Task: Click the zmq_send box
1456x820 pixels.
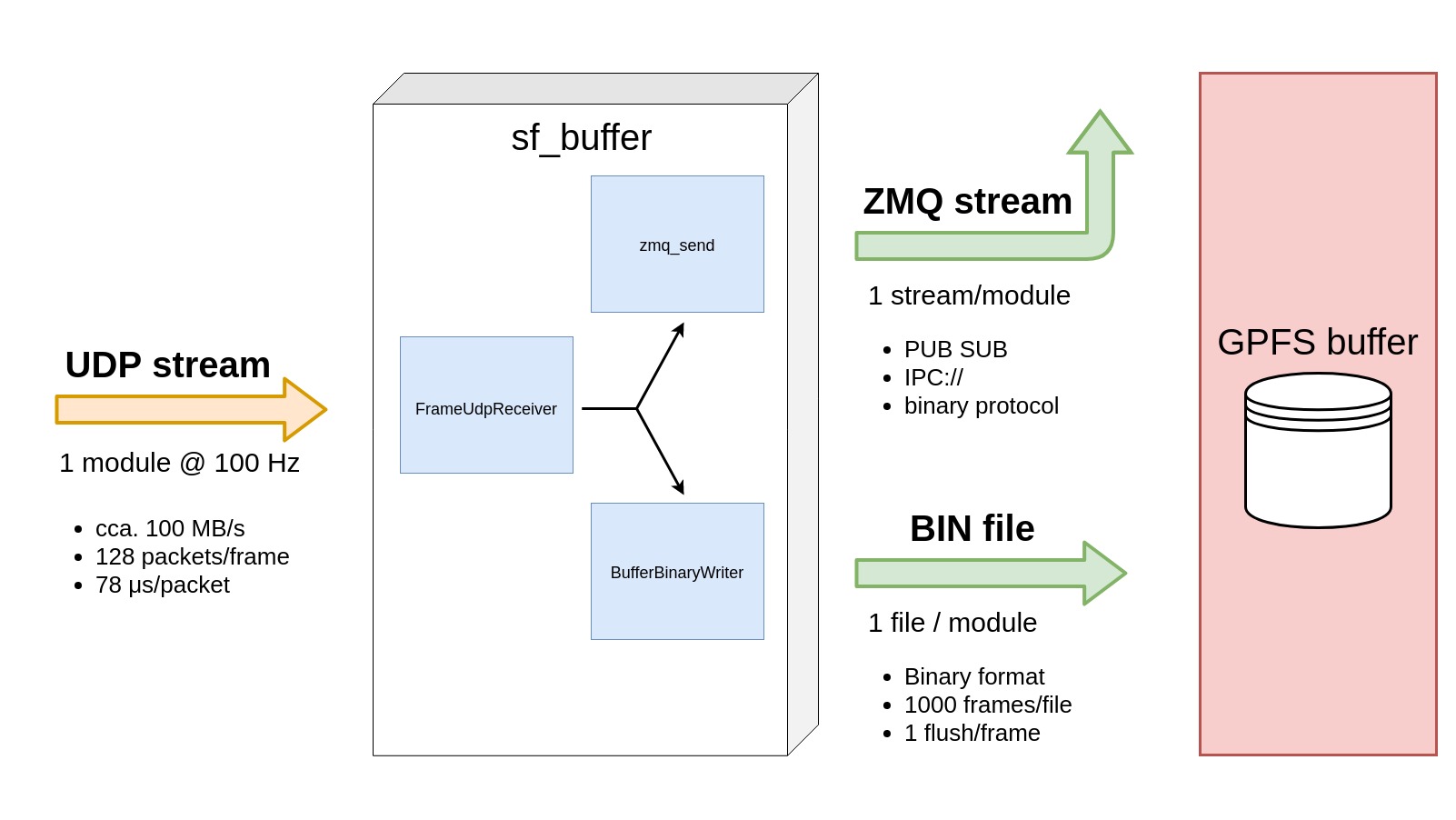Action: click(x=677, y=244)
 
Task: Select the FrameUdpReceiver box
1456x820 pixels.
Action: click(x=486, y=405)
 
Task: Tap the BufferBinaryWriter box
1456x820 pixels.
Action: click(x=677, y=571)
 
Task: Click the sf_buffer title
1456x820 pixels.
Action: click(x=581, y=138)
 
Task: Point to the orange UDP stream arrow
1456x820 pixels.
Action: click(x=191, y=409)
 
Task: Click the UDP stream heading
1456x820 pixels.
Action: click(x=168, y=365)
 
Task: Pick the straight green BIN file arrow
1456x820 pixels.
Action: click(x=991, y=573)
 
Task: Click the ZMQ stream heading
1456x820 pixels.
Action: click(x=967, y=202)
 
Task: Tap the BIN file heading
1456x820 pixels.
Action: click(x=972, y=529)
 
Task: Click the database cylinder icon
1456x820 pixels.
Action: click(x=1318, y=451)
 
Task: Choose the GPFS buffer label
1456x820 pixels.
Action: click(x=1317, y=343)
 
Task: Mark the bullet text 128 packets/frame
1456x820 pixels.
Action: click(x=192, y=556)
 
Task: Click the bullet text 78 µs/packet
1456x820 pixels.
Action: click(x=163, y=585)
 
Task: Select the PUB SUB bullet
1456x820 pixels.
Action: click(x=955, y=349)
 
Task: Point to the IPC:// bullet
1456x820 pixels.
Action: click(x=933, y=377)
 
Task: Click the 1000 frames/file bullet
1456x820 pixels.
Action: click(x=988, y=705)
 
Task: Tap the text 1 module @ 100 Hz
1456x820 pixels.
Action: click(x=179, y=463)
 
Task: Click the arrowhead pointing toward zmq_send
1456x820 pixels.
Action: click(x=678, y=329)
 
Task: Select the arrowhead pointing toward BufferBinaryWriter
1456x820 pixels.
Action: click(x=678, y=487)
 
